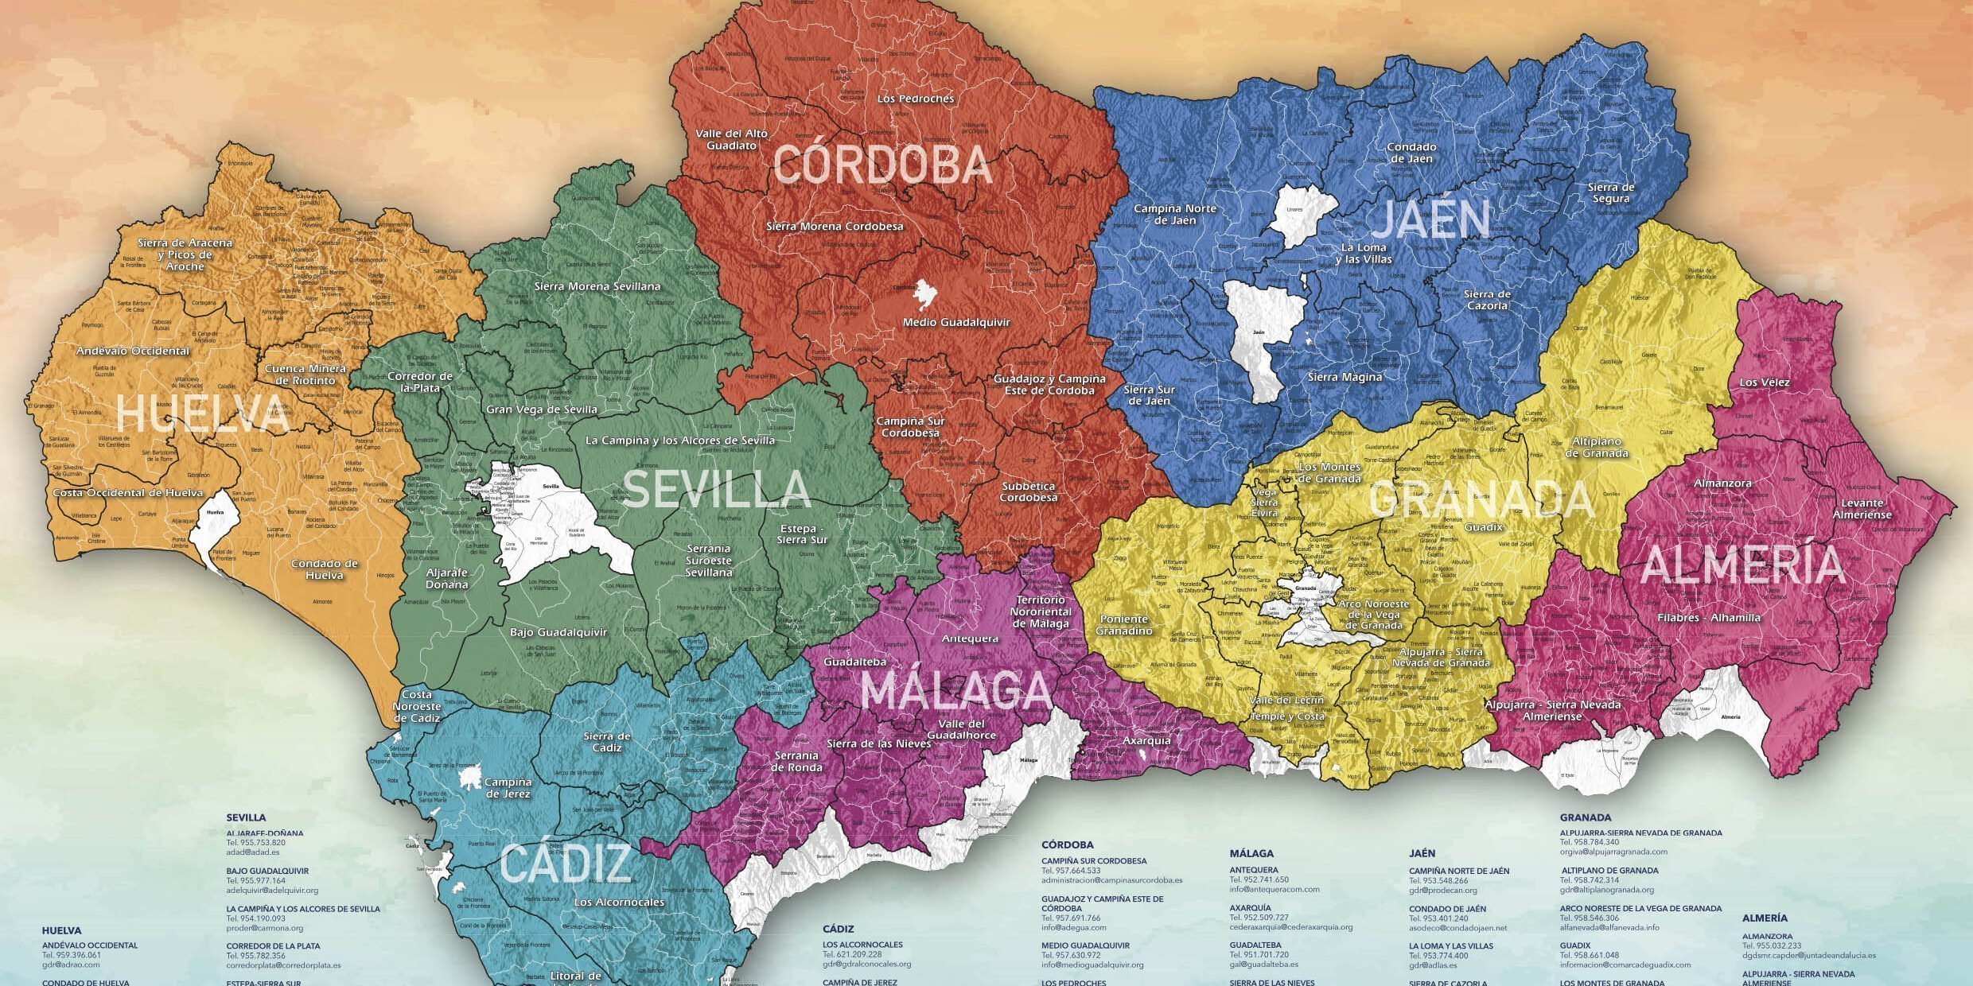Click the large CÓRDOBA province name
[x=882, y=165]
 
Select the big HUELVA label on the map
[x=204, y=414]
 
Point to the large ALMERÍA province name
[x=1742, y=565]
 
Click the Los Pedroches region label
[x=915, y=99]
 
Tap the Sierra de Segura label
[x=1610, y=192]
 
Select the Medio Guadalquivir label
[x=955, y=323]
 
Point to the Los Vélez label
[x=1764, y=382]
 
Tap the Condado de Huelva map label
[x=324, y=569]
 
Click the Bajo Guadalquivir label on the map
[x=558, y=633]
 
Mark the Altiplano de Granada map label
[x=1596, y=447]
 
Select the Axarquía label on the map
[x=1146, y=740]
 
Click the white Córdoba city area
[x=924, y=295]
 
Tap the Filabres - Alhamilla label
[x=1709, y=618]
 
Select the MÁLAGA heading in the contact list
[x=1251, y=853]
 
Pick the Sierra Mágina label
[x=1345, y=378]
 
